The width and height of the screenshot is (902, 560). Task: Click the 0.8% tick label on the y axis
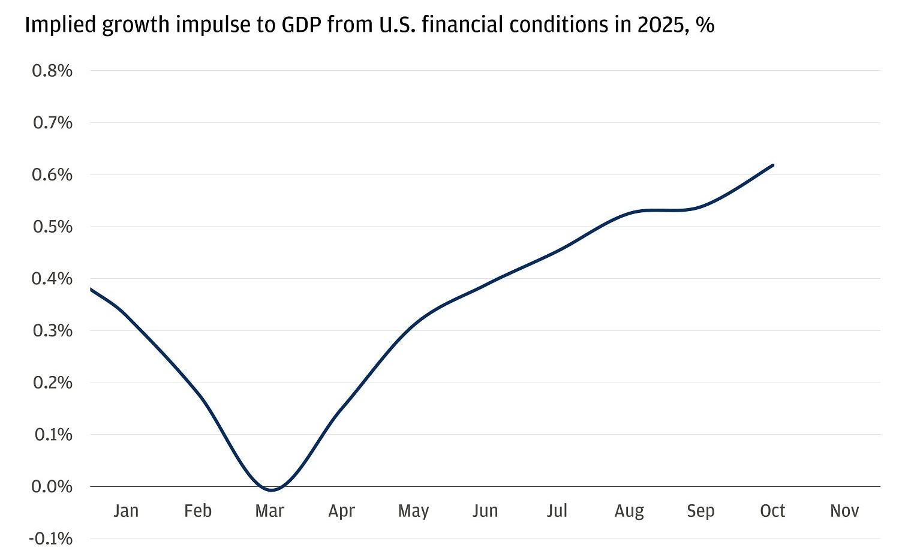point(52,71)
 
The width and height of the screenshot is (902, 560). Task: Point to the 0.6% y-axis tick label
point(52,174)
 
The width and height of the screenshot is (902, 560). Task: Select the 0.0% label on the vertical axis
point(52,486)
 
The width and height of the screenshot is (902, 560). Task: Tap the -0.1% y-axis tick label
point(50,538)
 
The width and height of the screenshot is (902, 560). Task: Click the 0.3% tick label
point(52,330)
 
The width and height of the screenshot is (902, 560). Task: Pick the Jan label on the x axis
point(126,511)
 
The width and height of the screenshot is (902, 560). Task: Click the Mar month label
point(269,511)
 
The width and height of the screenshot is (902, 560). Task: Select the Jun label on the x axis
point(485,511)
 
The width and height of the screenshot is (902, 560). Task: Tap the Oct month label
point(772,511)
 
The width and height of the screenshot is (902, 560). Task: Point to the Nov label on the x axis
point(844,511)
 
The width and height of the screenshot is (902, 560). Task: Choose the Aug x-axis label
point(629,511)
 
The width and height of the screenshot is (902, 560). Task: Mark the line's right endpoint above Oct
point(772,165)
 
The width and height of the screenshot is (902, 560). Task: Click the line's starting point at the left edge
point(91,289)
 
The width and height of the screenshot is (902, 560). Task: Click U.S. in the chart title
point(396,25)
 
